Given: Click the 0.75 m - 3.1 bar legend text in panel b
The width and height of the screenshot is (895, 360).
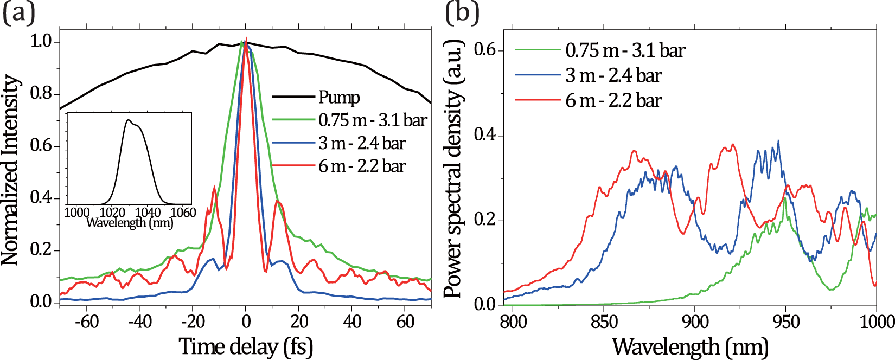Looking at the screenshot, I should (x=625, y=50).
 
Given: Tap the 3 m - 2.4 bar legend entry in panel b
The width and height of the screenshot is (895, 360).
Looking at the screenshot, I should (x=613, y=75).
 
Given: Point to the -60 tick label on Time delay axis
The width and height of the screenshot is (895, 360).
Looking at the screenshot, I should (x=87, y=322).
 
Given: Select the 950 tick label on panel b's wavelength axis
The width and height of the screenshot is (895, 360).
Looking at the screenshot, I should (x=785, y=322).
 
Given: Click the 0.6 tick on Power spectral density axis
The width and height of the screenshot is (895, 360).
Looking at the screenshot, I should (x=485, y=50).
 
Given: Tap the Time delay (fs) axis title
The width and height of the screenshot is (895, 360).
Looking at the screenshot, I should (x=246, y=346).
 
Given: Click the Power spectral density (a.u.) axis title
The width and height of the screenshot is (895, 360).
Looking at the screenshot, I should (x=453, y=169).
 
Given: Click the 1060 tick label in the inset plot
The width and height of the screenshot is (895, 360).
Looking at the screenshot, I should (x=183, y=213).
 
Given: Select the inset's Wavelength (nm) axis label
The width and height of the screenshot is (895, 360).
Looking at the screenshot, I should (x=130, y=222).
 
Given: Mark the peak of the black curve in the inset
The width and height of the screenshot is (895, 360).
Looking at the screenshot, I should (x=129, y=120).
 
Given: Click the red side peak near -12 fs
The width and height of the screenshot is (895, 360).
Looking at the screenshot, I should (x=215, y=188).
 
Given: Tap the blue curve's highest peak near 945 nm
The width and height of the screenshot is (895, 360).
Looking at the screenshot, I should (x=778, y=141).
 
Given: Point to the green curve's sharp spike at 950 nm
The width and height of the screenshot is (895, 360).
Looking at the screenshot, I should (x=784, y=198).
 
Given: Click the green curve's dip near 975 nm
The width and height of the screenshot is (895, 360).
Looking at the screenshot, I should (x=831, y=290).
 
